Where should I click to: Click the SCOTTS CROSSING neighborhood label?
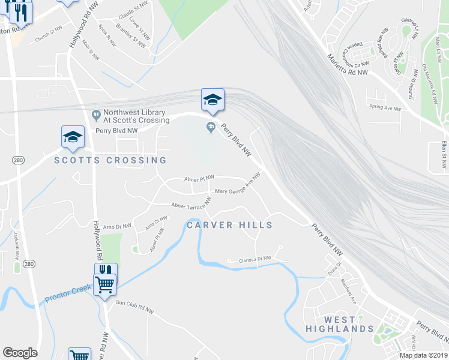coord(110,160)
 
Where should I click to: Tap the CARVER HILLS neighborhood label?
coord(230,225)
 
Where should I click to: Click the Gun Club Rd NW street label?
coord(134,308)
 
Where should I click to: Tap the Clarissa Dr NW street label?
coord(250,259)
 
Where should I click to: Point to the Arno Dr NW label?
coord(116,227)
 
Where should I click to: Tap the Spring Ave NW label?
coord(385,107)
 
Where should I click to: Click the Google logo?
coord(20,353)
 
